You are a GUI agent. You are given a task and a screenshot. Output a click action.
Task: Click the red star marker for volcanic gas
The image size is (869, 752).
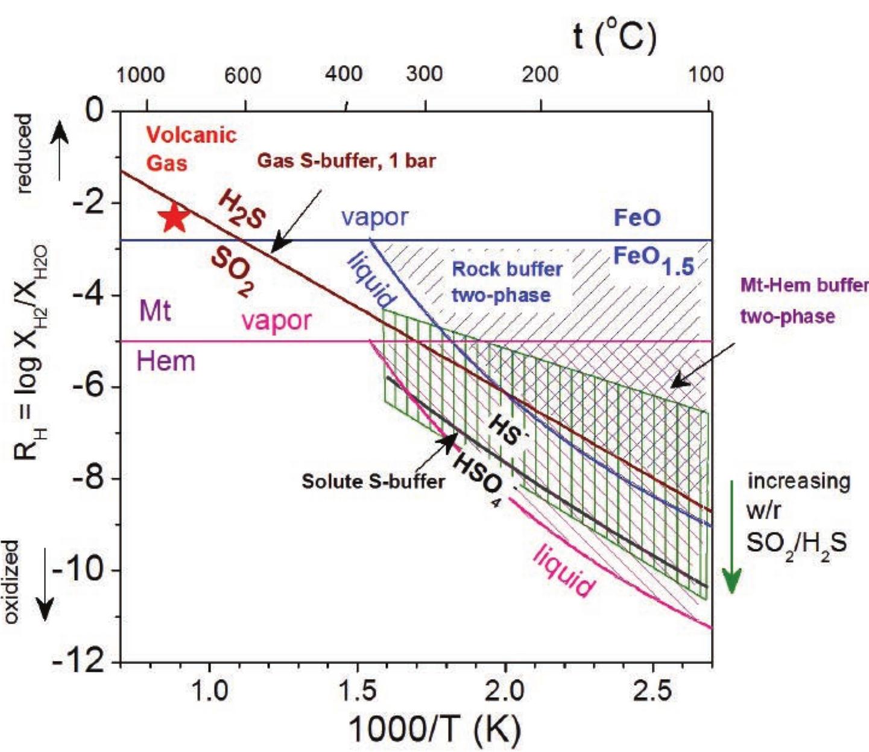[175, 218]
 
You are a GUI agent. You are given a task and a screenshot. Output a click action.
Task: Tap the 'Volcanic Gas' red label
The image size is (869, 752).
[191, 148]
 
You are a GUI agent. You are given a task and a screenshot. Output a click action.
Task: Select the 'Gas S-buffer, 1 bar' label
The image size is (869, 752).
[346, 161]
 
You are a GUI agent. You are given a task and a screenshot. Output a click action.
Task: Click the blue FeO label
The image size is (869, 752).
[637, 218]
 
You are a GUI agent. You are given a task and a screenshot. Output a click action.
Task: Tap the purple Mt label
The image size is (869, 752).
[155, 311]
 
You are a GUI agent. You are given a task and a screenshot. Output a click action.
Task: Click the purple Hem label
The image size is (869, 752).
[166, 361]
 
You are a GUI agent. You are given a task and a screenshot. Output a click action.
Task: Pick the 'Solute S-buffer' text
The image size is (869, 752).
[373, 481]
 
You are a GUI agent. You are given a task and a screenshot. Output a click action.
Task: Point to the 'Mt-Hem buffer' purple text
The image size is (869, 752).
[803, 285]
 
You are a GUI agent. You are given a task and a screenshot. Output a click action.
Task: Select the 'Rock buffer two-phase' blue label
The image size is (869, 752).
[507, 282]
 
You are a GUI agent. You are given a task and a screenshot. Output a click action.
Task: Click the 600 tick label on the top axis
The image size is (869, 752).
[242, 75]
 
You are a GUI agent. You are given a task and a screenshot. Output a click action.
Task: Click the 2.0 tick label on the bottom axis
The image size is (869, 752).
[505, 690]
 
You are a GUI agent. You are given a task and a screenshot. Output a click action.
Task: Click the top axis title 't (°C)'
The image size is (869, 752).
[613, 37]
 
